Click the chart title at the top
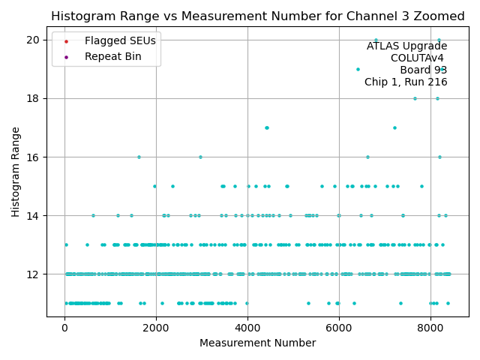click(x=257, y=16)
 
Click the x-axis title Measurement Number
click(x=257, y=343)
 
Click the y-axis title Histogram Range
click(x=16, y=172)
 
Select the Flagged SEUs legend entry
click(x=110, y=40)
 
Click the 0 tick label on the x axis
click(x=64, y=327)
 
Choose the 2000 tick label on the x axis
click(x=156, y=327)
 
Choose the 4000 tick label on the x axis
click(x=247, y=327)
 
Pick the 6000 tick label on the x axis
click(x=339, y=327)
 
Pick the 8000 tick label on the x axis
click(x=430, y=327)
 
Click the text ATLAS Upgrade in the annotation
click(x=406, y=46)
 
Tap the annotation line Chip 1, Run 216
click(x=406, y=82)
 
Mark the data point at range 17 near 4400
click(x=266, y=127)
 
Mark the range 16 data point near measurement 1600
click(x=139, y=157)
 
